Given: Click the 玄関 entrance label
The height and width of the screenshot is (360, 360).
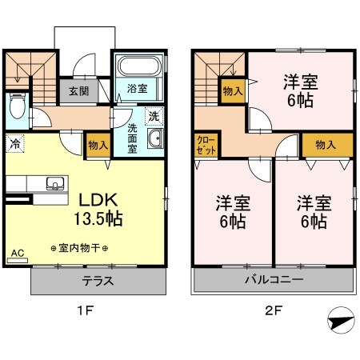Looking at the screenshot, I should click(x=78, y=90).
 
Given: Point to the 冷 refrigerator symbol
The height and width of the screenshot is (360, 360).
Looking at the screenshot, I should click(x=15, y=144).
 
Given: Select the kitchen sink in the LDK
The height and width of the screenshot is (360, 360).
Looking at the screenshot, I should click(x=54, y=182).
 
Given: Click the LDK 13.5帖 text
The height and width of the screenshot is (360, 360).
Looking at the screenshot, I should click(x=98, y=209).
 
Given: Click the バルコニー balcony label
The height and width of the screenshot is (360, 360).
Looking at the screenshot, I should click(x=272, y=281).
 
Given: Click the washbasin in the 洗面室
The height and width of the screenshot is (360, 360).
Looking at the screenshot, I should click(x=155, y=138).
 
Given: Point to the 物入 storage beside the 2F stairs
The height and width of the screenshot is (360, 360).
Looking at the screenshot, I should click(x=234, y=91).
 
